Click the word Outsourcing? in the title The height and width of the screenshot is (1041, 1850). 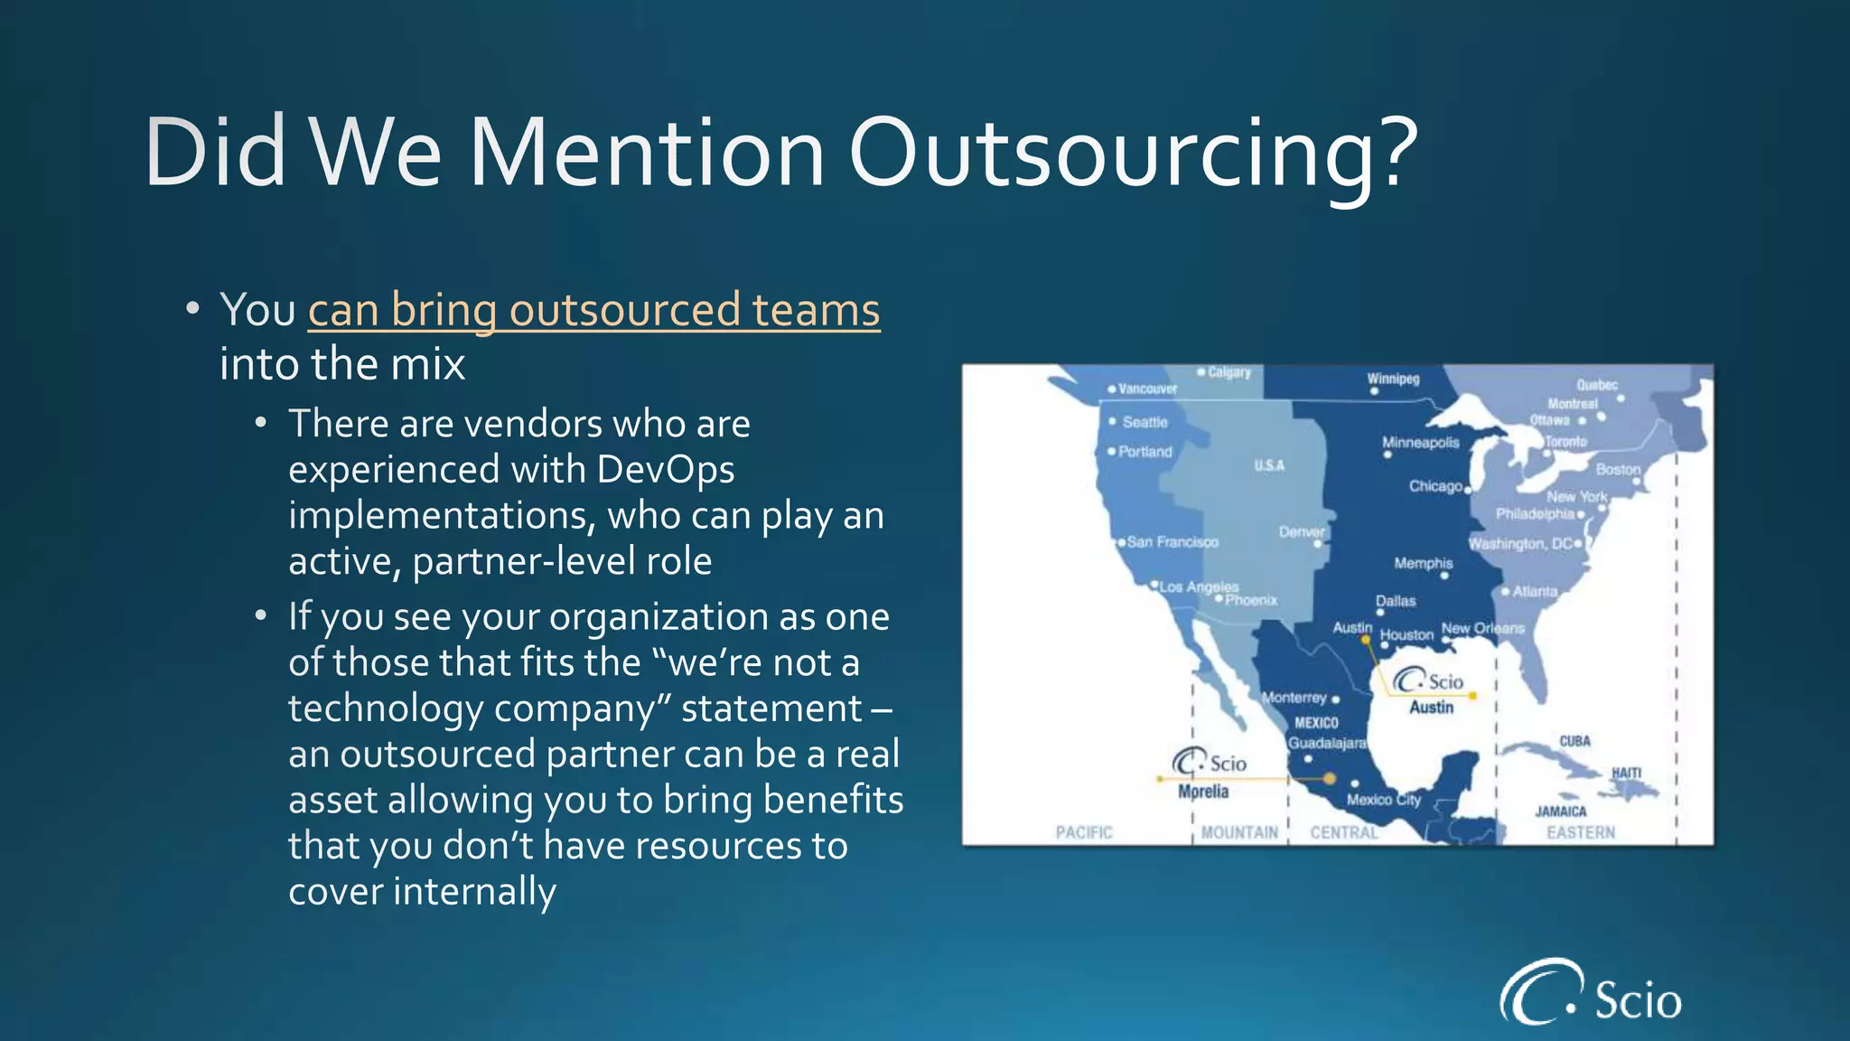[1133, 154]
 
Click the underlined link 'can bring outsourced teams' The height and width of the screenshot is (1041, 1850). [593, 310]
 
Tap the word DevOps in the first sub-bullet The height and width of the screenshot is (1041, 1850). [665, 469]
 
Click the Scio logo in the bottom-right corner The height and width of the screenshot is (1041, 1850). [1591, 994]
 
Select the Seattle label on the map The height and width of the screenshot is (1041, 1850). [1145, 422]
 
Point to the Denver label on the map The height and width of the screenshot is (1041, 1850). [1301, 532]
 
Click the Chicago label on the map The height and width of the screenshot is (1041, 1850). [1435, 486]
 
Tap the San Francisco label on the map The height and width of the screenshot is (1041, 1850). [1172, 542]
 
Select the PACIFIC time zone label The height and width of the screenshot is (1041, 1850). [1084, 832]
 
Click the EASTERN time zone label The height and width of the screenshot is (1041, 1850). [1580, 832]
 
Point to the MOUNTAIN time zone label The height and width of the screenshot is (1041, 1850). [1239, 832]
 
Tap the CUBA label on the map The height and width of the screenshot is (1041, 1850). [1574, 741]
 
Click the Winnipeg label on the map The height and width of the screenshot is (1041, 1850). [1393, 379]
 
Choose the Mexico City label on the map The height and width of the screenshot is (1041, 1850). [1383, 800]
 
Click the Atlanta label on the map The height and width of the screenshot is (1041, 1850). [1535, 591]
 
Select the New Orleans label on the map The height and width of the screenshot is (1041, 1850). [1482, 627]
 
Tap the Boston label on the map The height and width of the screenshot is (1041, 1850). [1617, 469]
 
